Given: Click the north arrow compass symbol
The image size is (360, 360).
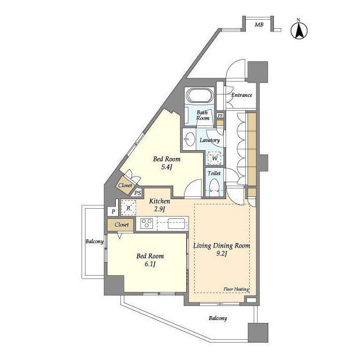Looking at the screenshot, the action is click(x=299, y=29).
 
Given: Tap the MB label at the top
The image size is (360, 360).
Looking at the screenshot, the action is click(x=259, y=25).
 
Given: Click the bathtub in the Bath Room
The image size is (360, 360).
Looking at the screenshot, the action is click(x=200, y=96).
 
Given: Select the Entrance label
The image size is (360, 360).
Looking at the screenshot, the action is click(x=241, y=95).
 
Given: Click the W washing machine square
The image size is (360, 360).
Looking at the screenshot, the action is click(x=215, y=159).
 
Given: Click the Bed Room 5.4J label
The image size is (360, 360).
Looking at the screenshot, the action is click(x=166, y=163).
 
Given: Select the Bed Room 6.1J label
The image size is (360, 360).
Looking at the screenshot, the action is click(x=150, y=260).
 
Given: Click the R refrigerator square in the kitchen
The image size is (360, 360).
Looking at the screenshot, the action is click(x=128, y=208).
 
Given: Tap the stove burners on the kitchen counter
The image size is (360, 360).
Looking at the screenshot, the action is click(x=147, y=223).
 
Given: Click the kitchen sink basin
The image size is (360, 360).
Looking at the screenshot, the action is click(x=176, y=223).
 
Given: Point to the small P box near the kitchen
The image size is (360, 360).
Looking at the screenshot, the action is click(x=113, y=211).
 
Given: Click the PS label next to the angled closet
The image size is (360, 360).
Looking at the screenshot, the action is click(x=137, y=193).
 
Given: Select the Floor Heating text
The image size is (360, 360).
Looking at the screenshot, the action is click(x=236, y=289).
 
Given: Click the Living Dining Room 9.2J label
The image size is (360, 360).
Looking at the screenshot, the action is click(x=222, y=249).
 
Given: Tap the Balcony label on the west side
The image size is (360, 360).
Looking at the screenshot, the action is click(x=94, y=241).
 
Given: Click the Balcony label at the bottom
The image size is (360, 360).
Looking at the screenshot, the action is click(x=218, y=318).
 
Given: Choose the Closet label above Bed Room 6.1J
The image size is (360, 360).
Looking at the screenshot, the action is click(x=121, y=224).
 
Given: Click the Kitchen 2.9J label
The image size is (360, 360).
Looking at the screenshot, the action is click(x=160, y=205).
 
